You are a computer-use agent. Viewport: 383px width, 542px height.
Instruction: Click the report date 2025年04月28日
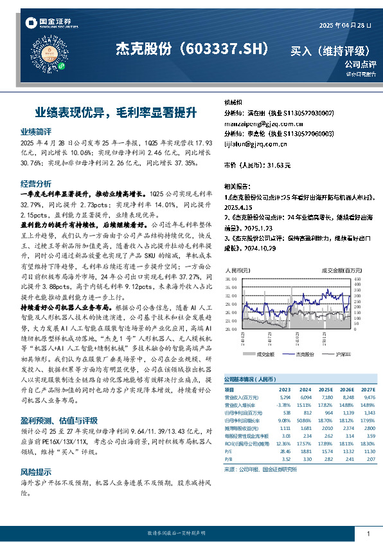(x=346, y=25)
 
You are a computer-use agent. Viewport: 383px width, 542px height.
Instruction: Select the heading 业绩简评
(x=36, y=131)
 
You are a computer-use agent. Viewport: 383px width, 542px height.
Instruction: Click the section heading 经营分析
(x=36, y=183)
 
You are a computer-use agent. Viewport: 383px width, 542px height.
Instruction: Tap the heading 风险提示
(x=36, y=472)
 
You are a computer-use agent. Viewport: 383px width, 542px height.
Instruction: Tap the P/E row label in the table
(x=228, y=453)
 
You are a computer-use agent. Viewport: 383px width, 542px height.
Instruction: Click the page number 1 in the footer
(x=368, y=534)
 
